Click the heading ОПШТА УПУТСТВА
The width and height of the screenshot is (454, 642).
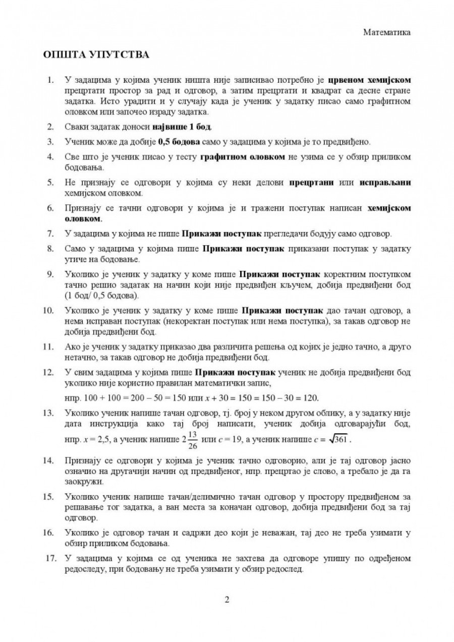(x=96, y=54)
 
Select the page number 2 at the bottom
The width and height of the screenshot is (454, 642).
(x=227, y=600)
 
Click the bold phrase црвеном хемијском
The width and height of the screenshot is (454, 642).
(x=370, y=80)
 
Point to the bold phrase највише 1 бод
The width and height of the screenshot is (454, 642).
(x=188, y=125)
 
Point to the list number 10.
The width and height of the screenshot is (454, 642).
(x=48, y=309)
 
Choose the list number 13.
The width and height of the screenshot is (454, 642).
(x=48, y=413)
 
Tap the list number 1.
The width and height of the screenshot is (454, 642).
(x=50, y=80)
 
